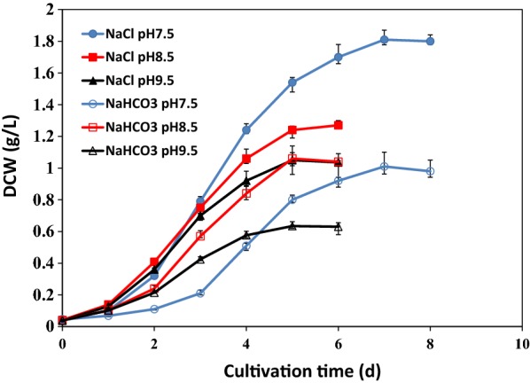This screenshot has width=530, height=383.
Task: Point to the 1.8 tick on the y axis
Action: pyautogui.click(x=41, y=42)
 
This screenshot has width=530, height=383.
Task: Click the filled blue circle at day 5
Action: pyautogui.click(x=292, y=82)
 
